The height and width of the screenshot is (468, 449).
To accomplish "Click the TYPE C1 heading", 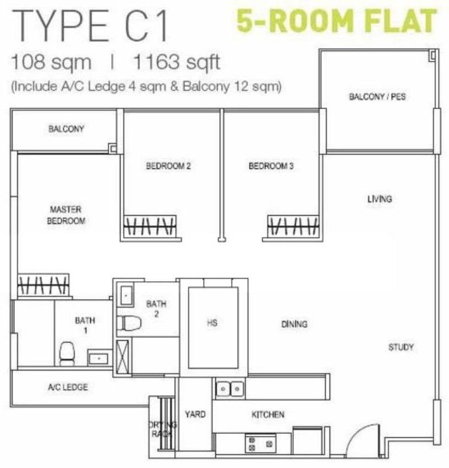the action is [x=90, y=26].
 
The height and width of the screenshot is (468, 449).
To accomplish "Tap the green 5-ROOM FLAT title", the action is [x=337, y=21].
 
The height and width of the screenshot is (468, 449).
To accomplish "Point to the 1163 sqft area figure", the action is [x=177, y=62].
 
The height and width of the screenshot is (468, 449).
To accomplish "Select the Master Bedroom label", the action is [x=66, y=215].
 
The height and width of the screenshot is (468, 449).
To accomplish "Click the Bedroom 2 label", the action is [x=168, y=166].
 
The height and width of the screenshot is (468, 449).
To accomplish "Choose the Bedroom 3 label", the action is [x=271, y=166].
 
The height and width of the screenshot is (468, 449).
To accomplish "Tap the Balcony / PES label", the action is [x=377, y=97].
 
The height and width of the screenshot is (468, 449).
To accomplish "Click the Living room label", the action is [x=380, y=199].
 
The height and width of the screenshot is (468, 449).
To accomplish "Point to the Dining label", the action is [x=294, y=324].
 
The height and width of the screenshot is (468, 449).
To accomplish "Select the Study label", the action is [x=401, y=347].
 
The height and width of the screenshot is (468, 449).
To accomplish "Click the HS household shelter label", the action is [x=212, y=323].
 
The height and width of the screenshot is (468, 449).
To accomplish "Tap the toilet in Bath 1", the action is [x=67, y=353].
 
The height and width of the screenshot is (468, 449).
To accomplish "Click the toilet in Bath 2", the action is [x=129, y=323].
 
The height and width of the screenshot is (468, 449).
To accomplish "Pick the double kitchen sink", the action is [x=230, y=389].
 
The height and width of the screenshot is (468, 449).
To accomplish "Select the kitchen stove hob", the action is [x=260, y=443].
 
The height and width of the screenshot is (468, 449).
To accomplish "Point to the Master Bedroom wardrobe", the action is [x=44, y=285].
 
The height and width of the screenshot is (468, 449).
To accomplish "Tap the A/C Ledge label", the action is [x=68, y=387].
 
